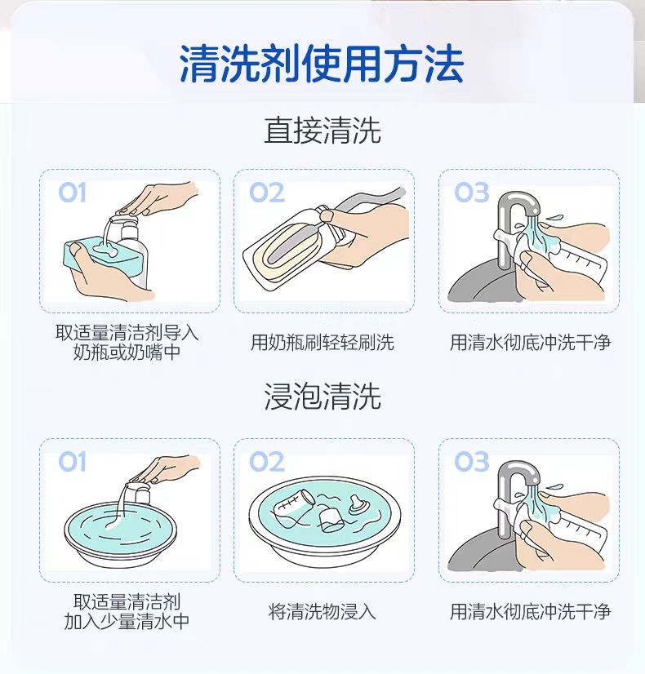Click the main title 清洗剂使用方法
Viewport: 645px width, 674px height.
322,64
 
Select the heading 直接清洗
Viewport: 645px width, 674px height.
322,131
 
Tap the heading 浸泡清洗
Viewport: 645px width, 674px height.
322,396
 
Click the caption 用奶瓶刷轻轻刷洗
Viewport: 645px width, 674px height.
322,343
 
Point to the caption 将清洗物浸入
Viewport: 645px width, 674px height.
322,611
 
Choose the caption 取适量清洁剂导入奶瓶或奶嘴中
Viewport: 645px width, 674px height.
127,343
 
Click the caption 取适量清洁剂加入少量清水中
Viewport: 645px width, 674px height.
127,611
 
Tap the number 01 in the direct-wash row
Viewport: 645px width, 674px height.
72,192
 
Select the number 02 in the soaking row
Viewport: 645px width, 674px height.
267,462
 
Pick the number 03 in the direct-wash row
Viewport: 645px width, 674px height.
472,192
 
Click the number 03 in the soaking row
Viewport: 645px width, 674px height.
472,462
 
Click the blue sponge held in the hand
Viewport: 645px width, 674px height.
103,257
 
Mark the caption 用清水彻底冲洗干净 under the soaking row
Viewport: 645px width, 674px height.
530,611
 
